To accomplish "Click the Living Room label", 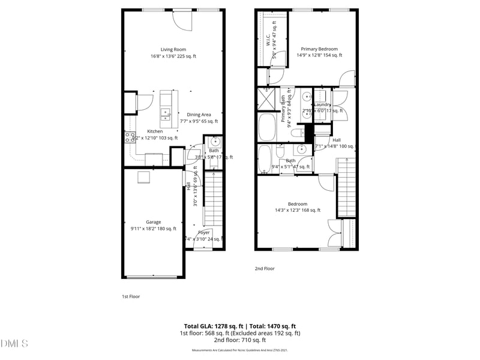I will pos(173,49).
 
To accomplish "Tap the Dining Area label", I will pos(199,115).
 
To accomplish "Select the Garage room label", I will pos(154,221).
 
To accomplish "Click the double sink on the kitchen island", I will pos(166,112).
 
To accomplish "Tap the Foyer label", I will pos(204,232).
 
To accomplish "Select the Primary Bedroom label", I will pos(319,49).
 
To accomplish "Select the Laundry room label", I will pos(322,104).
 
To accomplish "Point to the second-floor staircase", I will pos(347,186).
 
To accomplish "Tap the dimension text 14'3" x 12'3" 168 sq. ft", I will pos(298,210).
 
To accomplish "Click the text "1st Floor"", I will pos(131,296).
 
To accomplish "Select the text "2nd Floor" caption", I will pos(265,268).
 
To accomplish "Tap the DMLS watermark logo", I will pos(14,344).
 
